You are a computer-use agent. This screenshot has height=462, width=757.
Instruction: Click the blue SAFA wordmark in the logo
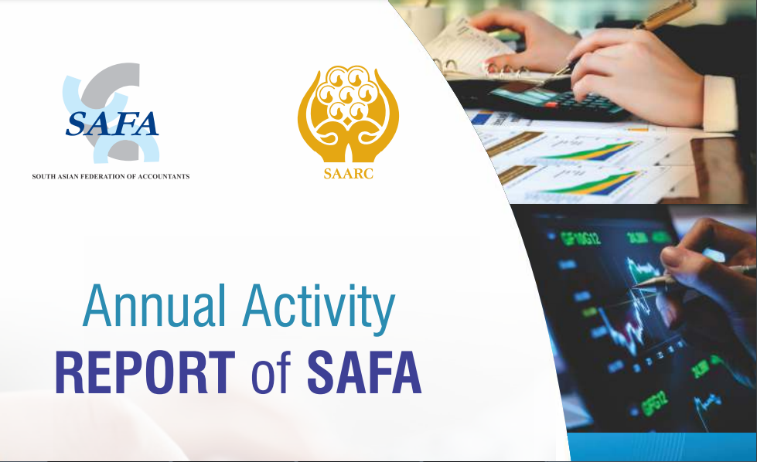[112, 124]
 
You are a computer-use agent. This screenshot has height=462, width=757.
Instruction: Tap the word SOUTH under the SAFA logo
[42, 176]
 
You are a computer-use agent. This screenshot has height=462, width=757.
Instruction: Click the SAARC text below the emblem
[348, 174]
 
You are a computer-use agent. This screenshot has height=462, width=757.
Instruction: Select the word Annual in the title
[154, 306]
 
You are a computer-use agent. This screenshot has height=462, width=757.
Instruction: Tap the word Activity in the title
[319, 308]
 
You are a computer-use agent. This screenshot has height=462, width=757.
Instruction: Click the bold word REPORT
[145, 373]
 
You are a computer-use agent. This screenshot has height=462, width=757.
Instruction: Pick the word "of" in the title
[271, 372]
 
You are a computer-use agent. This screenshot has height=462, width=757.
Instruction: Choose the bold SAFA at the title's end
[364, 373]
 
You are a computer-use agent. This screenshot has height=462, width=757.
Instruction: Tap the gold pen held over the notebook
[628, 38]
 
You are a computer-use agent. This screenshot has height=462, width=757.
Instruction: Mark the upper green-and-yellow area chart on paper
[593, 151]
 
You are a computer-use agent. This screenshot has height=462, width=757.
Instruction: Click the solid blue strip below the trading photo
[662, 447]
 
